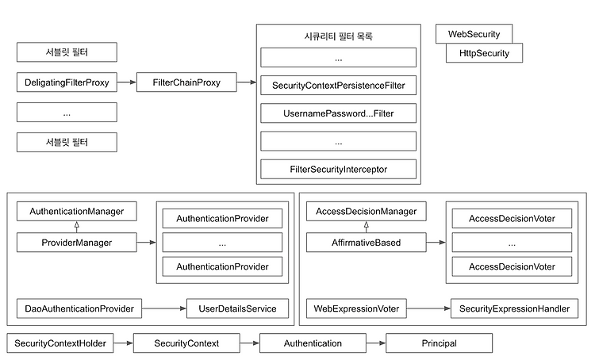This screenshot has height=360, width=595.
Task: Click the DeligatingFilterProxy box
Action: tap(67, 82)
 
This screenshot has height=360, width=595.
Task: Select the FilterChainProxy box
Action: tap(186, 82)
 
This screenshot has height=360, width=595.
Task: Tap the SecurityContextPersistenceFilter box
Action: tap(338, 86)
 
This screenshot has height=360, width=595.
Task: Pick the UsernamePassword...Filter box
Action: tap(338, 113)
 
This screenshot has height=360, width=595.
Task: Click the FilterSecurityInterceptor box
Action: tap(338, 169)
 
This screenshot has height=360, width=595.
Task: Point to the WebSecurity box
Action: tap(474, 34)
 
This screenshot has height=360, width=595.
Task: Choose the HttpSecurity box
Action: tap(484, 52)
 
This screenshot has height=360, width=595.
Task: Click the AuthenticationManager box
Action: tap(77, 211)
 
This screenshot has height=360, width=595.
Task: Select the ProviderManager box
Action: tap(77, 243)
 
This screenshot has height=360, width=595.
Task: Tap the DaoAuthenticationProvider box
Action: tap(79, 308)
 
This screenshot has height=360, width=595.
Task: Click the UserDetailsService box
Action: tap(237, 308)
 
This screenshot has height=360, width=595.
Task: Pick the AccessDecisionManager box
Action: tap(367, 211)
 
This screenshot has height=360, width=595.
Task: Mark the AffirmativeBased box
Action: tap(367, 243)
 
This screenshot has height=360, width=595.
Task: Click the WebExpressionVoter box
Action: tap(356, 308)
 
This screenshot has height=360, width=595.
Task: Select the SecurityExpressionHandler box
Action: tap(515, 308)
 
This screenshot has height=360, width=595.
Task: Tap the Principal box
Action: tap(439, 343)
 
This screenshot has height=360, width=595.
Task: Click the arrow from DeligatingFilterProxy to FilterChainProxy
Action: tap(127, 82)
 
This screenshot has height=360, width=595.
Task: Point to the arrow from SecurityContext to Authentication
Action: tap(250, 343)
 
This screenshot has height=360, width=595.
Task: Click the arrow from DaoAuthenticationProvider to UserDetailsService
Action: tap(164, 308)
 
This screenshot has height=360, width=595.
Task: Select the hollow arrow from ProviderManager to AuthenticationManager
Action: tap(77, 227)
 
